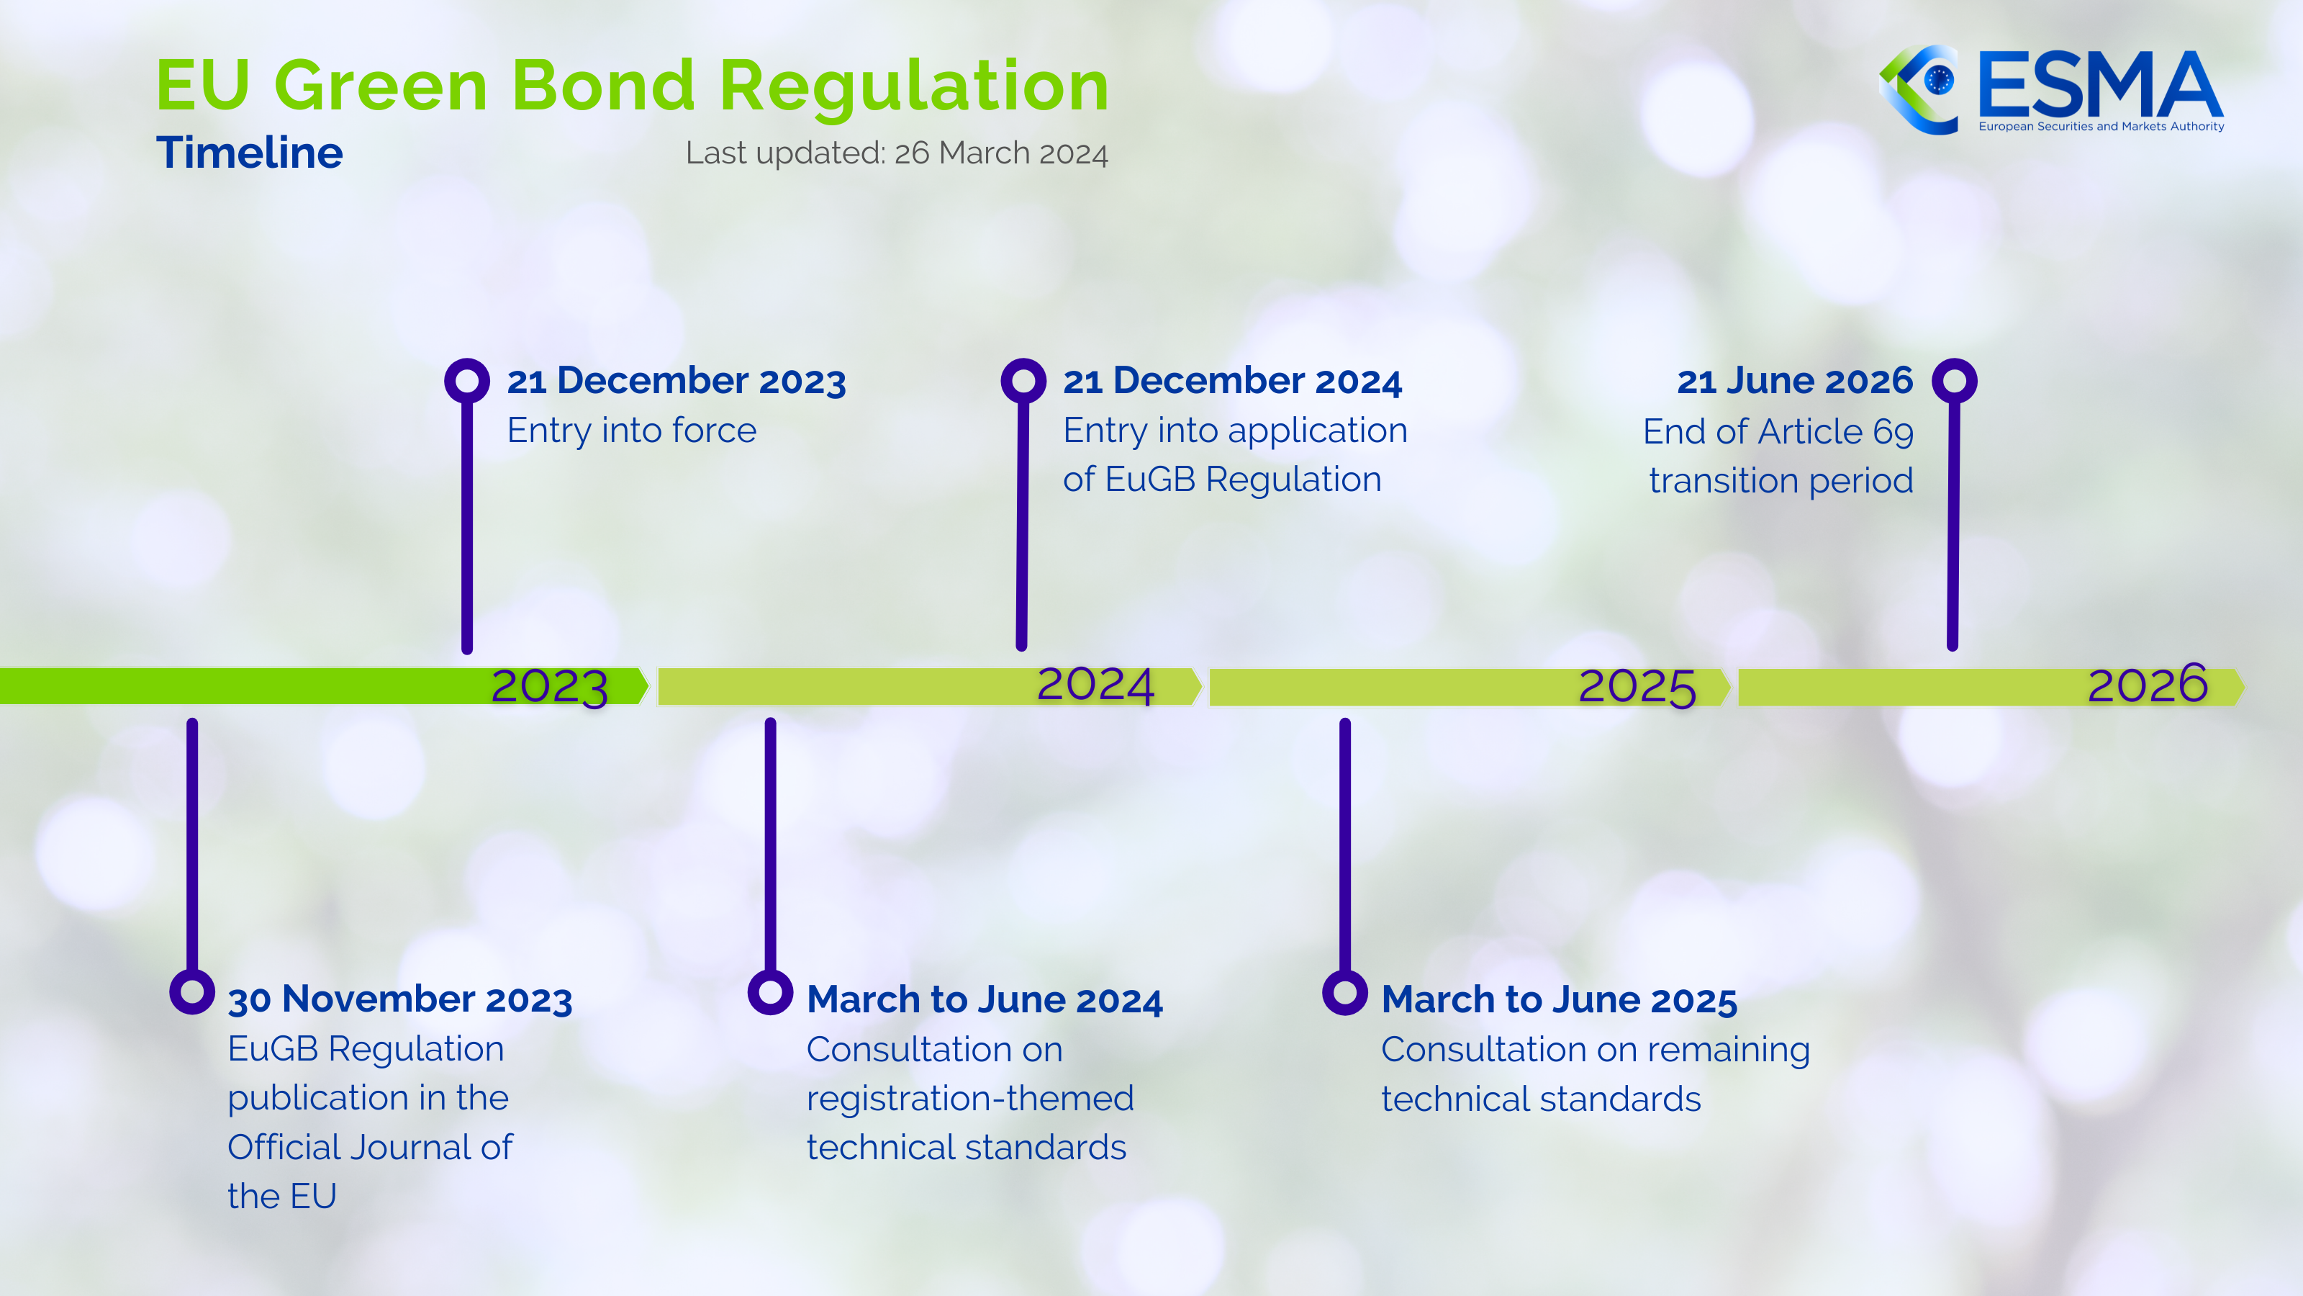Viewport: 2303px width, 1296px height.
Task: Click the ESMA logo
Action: tap(2051, 89)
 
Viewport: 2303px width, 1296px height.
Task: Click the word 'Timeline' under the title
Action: tap(250, 153)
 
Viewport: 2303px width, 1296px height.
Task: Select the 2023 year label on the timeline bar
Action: tap(550, 687)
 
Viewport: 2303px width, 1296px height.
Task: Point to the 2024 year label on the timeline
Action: tap(1095, 685)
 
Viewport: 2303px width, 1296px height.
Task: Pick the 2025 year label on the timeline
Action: tap(1637, 688)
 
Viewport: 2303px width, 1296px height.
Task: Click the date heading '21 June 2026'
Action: tap(1795, 381)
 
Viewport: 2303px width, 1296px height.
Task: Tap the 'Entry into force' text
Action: tap(632, 431)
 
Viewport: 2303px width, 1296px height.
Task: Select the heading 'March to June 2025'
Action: tap(1559, 1000)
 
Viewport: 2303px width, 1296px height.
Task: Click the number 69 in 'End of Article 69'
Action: tap(1893, 433)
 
